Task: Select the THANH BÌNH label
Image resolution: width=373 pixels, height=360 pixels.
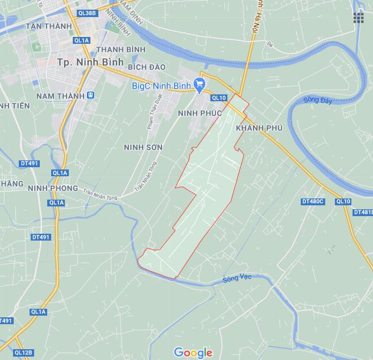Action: coord(121,49)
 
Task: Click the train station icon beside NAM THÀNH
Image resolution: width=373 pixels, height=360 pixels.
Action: coord(90,96)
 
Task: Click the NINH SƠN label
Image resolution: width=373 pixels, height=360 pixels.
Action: coord(143,147)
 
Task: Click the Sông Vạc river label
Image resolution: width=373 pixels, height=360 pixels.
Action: coord(237,278)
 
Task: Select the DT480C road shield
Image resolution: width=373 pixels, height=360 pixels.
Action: coord(313,201)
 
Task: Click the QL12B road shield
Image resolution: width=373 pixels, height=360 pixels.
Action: coord(23,353)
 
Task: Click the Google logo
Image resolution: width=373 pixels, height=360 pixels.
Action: coord(193,353)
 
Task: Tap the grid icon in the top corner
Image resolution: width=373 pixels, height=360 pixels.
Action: coord(358,18)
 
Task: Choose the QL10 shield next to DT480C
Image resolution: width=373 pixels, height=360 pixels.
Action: coord(343,201)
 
